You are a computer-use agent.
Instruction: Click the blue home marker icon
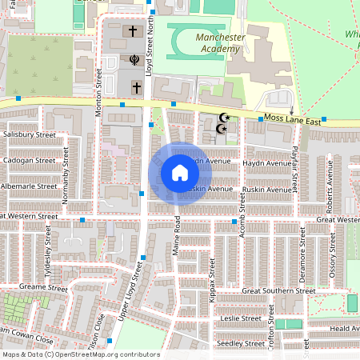click(180, 172)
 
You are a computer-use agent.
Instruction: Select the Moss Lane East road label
click(293, 121)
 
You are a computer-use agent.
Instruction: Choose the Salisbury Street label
click(29, 135)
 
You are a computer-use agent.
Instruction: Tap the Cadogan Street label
click(29, 160)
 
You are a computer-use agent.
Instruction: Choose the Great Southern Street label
click(278, 291)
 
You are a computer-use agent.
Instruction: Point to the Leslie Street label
click(241, 318)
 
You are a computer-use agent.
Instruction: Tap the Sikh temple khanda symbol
click(134, 60)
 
